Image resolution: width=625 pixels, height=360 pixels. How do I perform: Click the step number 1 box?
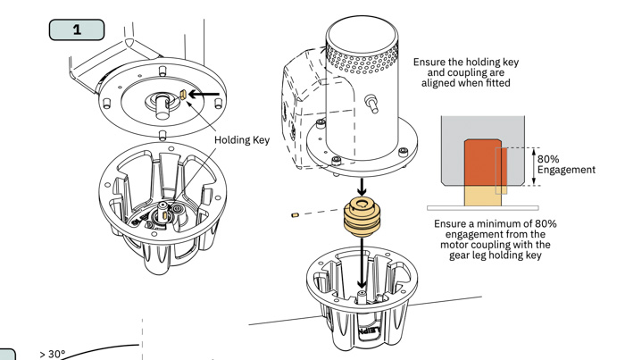click(x=77, y=29)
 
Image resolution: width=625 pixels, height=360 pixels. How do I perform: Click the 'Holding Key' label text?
click(x=242, y=139)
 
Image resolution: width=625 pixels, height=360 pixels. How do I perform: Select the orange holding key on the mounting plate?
click(x=182, y=93)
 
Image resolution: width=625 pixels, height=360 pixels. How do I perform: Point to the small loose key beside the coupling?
click(x=294, y=215)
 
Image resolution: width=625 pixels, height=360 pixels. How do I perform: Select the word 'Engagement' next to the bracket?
click(x=566, y=170)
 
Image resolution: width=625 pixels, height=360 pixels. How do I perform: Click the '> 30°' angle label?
click(x=53, y=354)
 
